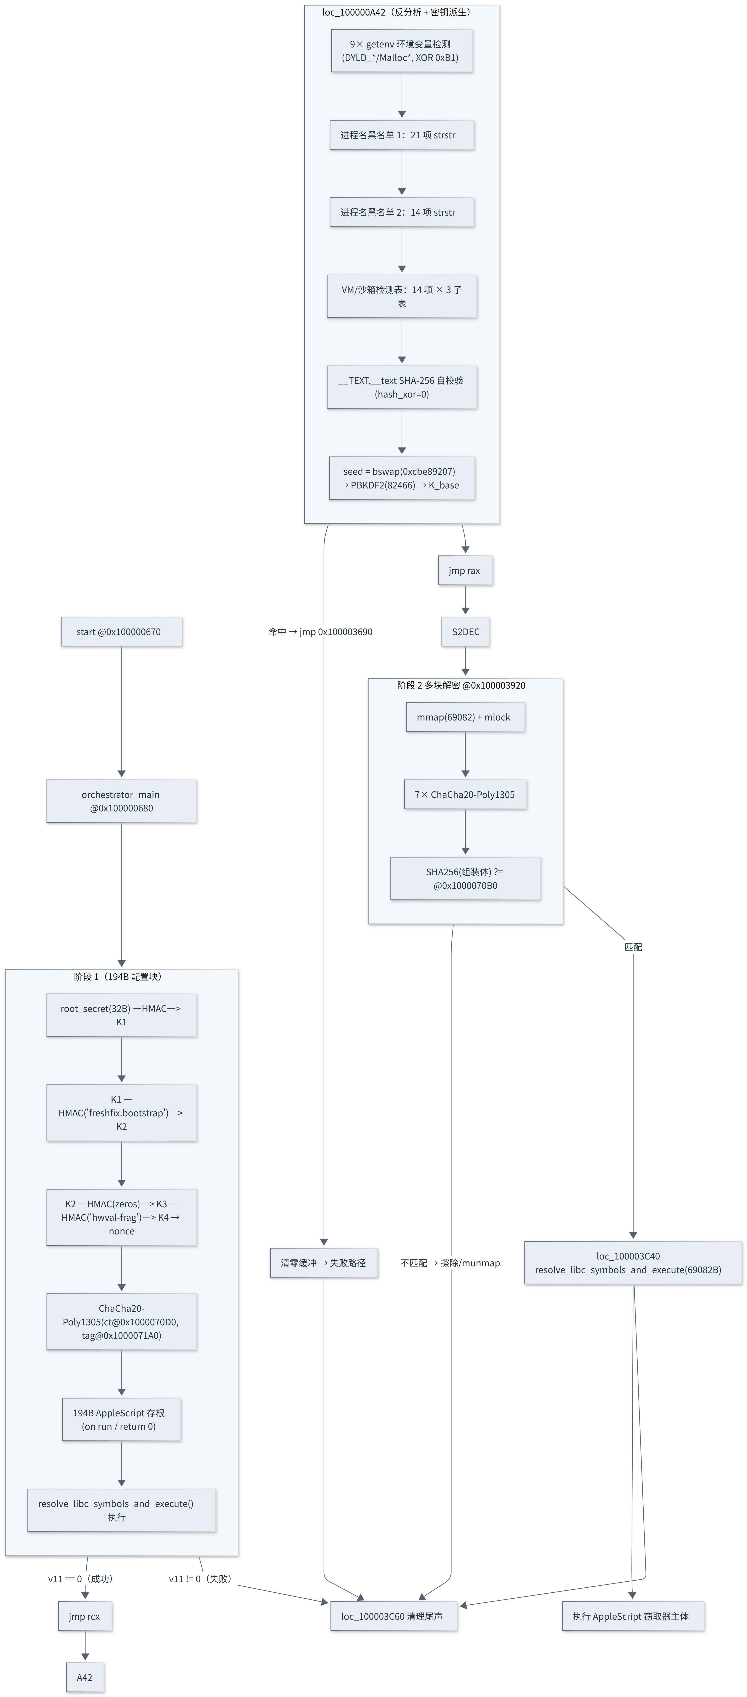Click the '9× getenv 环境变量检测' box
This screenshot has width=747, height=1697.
(402, 51)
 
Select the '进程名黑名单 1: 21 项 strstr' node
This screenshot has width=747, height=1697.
(402, 135)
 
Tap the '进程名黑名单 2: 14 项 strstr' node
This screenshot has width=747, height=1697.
(402, 212)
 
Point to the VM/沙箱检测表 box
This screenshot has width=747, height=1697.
(402, 296)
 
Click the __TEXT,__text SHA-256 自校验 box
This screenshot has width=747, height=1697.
(402, 387)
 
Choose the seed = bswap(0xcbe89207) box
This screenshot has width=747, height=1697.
(402, 478)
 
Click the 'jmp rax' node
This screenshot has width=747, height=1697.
(465, 571)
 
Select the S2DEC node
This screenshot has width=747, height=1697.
(465, 632)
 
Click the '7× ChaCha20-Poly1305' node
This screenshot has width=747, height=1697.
(465, 794)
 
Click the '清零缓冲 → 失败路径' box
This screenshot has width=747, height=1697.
(323, 1263)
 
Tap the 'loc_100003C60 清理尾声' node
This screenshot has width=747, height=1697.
(394, 1616)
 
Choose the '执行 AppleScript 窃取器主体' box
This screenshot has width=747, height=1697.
(633, 1616)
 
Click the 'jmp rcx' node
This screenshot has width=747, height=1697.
(85, 1616)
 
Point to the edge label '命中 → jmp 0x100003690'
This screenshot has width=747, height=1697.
(320, 632)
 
